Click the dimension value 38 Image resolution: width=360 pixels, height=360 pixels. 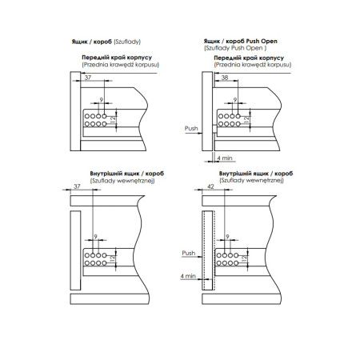click(225, 78)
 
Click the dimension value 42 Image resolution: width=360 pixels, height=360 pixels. click(210, 186)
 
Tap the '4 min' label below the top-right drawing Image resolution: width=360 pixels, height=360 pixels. click(225, 158)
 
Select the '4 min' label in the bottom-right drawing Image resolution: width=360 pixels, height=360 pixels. click(188, 276)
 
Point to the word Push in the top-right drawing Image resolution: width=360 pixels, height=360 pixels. click(191, 128)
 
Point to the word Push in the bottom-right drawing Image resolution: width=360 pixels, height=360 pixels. click(189, 253)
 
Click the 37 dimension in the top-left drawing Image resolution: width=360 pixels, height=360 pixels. click(88, 78)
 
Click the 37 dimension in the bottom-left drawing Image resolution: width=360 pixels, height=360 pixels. click(77, 186)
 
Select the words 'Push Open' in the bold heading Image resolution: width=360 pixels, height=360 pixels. click(262, 41)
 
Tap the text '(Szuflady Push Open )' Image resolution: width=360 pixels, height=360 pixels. click(235, 48)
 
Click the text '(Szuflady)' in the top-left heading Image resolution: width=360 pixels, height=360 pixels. click(127, 42)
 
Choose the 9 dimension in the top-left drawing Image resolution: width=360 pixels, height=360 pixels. click(102, 100)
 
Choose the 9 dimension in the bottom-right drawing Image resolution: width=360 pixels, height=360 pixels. click(227, 237)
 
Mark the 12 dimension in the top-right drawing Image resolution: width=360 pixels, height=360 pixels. click(246, 119)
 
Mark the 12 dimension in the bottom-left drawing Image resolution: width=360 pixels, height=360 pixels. click(113, 258)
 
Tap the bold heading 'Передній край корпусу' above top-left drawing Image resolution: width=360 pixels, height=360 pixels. click(117, 58)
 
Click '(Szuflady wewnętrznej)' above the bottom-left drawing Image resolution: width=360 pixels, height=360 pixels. click(122, 181)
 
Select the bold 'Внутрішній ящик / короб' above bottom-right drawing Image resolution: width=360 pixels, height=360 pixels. click(256, 174)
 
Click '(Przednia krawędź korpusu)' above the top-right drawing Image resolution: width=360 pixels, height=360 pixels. click(253, 65)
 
